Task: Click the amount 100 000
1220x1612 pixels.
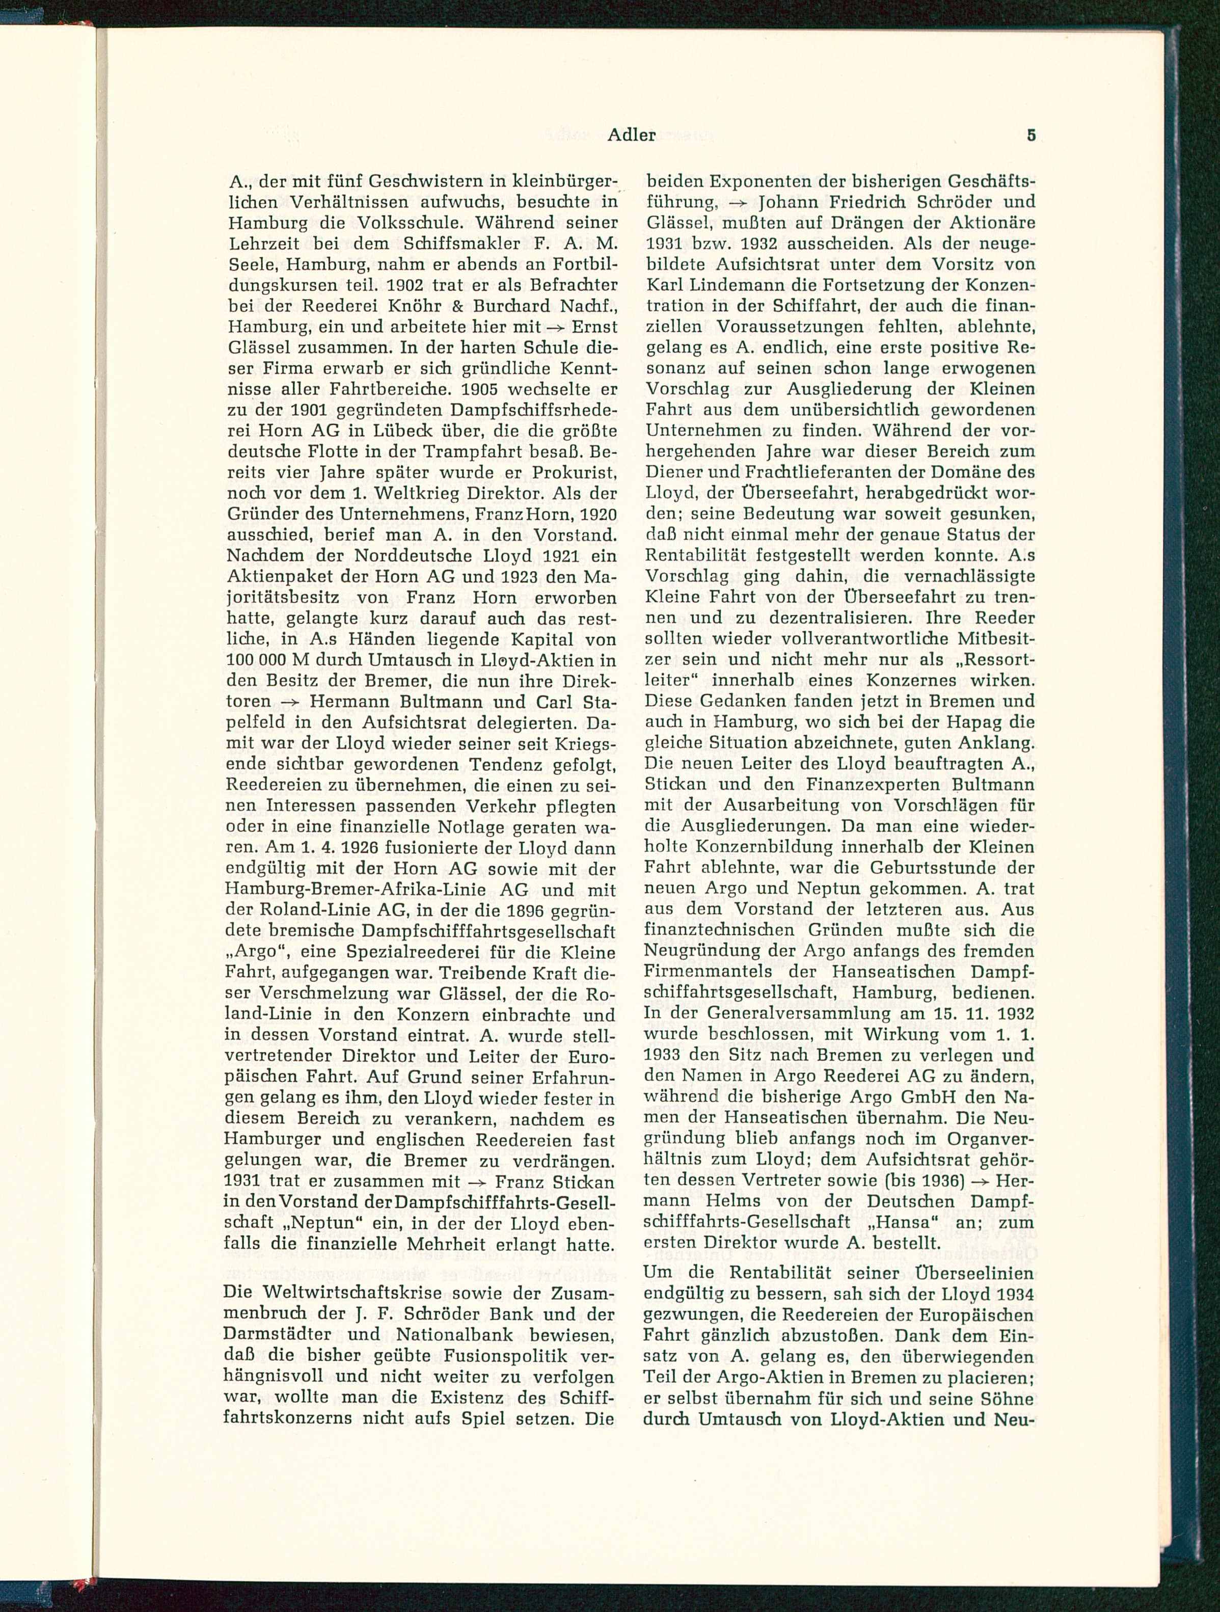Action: (254, 660)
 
